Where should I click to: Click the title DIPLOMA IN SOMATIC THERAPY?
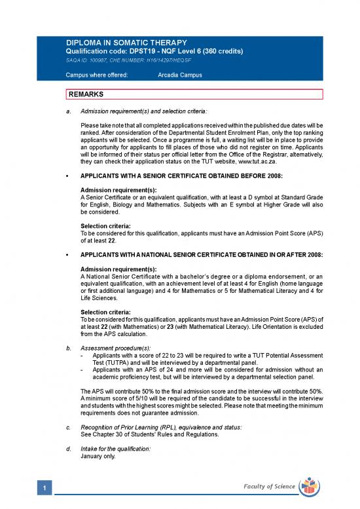click(122, 43)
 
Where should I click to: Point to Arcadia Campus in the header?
click(180, 75)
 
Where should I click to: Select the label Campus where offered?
click(98, 75)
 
